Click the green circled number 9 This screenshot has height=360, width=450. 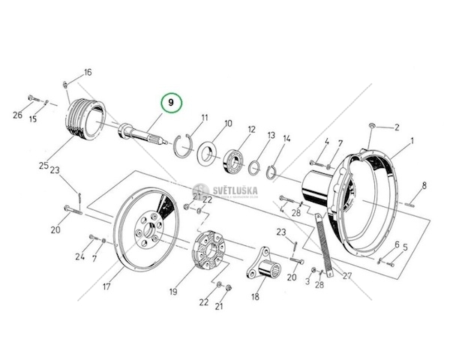[x=171, y=102]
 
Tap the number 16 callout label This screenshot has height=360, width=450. [x=87, y=73]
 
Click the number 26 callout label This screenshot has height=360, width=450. [x=18, y=115]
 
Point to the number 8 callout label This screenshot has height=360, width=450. [x=424, y=185]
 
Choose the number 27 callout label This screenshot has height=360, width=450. [x=346, y=276]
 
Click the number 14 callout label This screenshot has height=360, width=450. [x=286, y=139]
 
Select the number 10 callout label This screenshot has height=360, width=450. [x=228, y=124]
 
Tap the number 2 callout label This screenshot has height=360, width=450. [x=397, y=127]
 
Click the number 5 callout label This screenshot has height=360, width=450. [x=405, y=247]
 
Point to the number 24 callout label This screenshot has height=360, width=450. [x=79, y=257]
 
